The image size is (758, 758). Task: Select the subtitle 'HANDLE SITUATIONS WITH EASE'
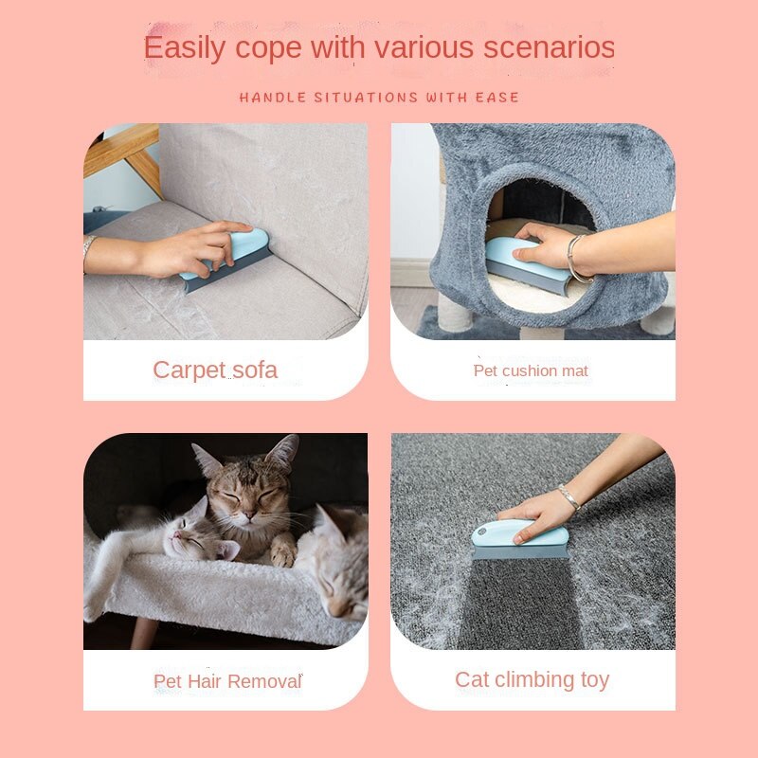click(x=379, y=98)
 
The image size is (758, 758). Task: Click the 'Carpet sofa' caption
click(x=215, y=370)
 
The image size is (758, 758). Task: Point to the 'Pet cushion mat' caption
click(x=531, y=370)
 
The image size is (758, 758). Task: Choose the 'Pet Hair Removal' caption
click(x=227, y=680)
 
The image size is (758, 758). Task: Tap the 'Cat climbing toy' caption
click(x=532, y=679)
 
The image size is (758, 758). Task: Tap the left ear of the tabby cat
click(x=206, y=459)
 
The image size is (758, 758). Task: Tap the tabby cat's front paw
click(x=282, y=554)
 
